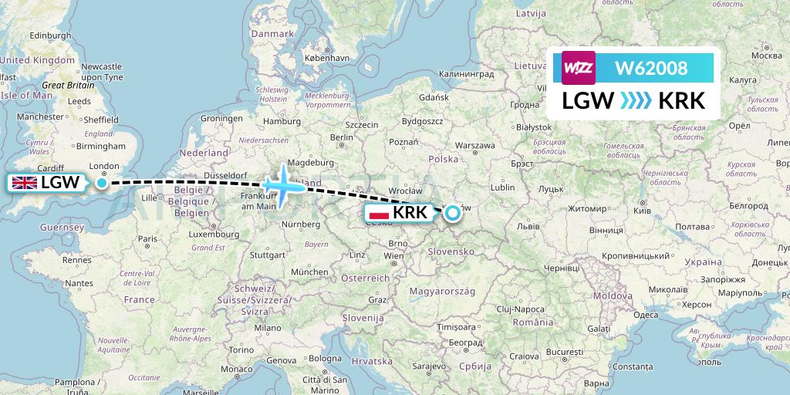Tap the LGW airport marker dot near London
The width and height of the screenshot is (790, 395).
[x=102, y=183]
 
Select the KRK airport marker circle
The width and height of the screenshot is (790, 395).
[x=452, y=212]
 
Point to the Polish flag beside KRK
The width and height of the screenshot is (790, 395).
[x=379, y=213]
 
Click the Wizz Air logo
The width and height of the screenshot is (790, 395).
[x=578, y=69]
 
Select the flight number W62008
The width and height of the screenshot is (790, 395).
[x=650, y=69]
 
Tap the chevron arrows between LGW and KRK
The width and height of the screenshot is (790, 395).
[x=636, y=100]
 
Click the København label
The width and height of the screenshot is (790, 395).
[x=327, y=58]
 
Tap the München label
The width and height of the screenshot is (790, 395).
[x=309, y=272]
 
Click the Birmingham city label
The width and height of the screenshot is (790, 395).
[x=100, y=145]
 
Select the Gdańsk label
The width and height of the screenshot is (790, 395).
[x=434, y=97]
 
